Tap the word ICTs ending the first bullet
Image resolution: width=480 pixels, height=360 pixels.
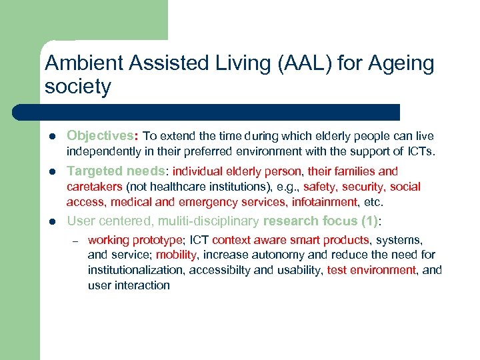pyautogui.click(x=419, y=151)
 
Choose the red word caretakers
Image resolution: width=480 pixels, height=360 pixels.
pyautogui.click(x=94, y=187)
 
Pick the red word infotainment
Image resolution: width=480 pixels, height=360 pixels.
pyautogui.click(x=325, y=202)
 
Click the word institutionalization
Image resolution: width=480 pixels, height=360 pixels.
pyautogui.click(x=137, y=270)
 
